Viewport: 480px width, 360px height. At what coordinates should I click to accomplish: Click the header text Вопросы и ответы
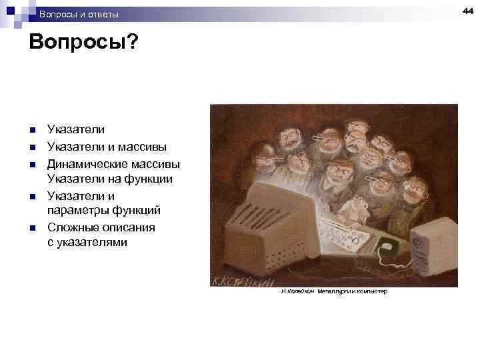coord(79,14)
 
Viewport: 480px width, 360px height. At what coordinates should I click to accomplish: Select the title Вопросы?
coord(84,43)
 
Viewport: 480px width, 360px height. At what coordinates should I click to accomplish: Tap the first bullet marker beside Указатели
coord(32,131)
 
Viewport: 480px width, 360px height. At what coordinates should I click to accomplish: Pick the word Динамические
coord(83,163)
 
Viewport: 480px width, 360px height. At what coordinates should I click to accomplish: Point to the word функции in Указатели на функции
coord(151,179)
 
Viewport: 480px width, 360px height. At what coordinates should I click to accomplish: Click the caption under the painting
coord(334,292)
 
